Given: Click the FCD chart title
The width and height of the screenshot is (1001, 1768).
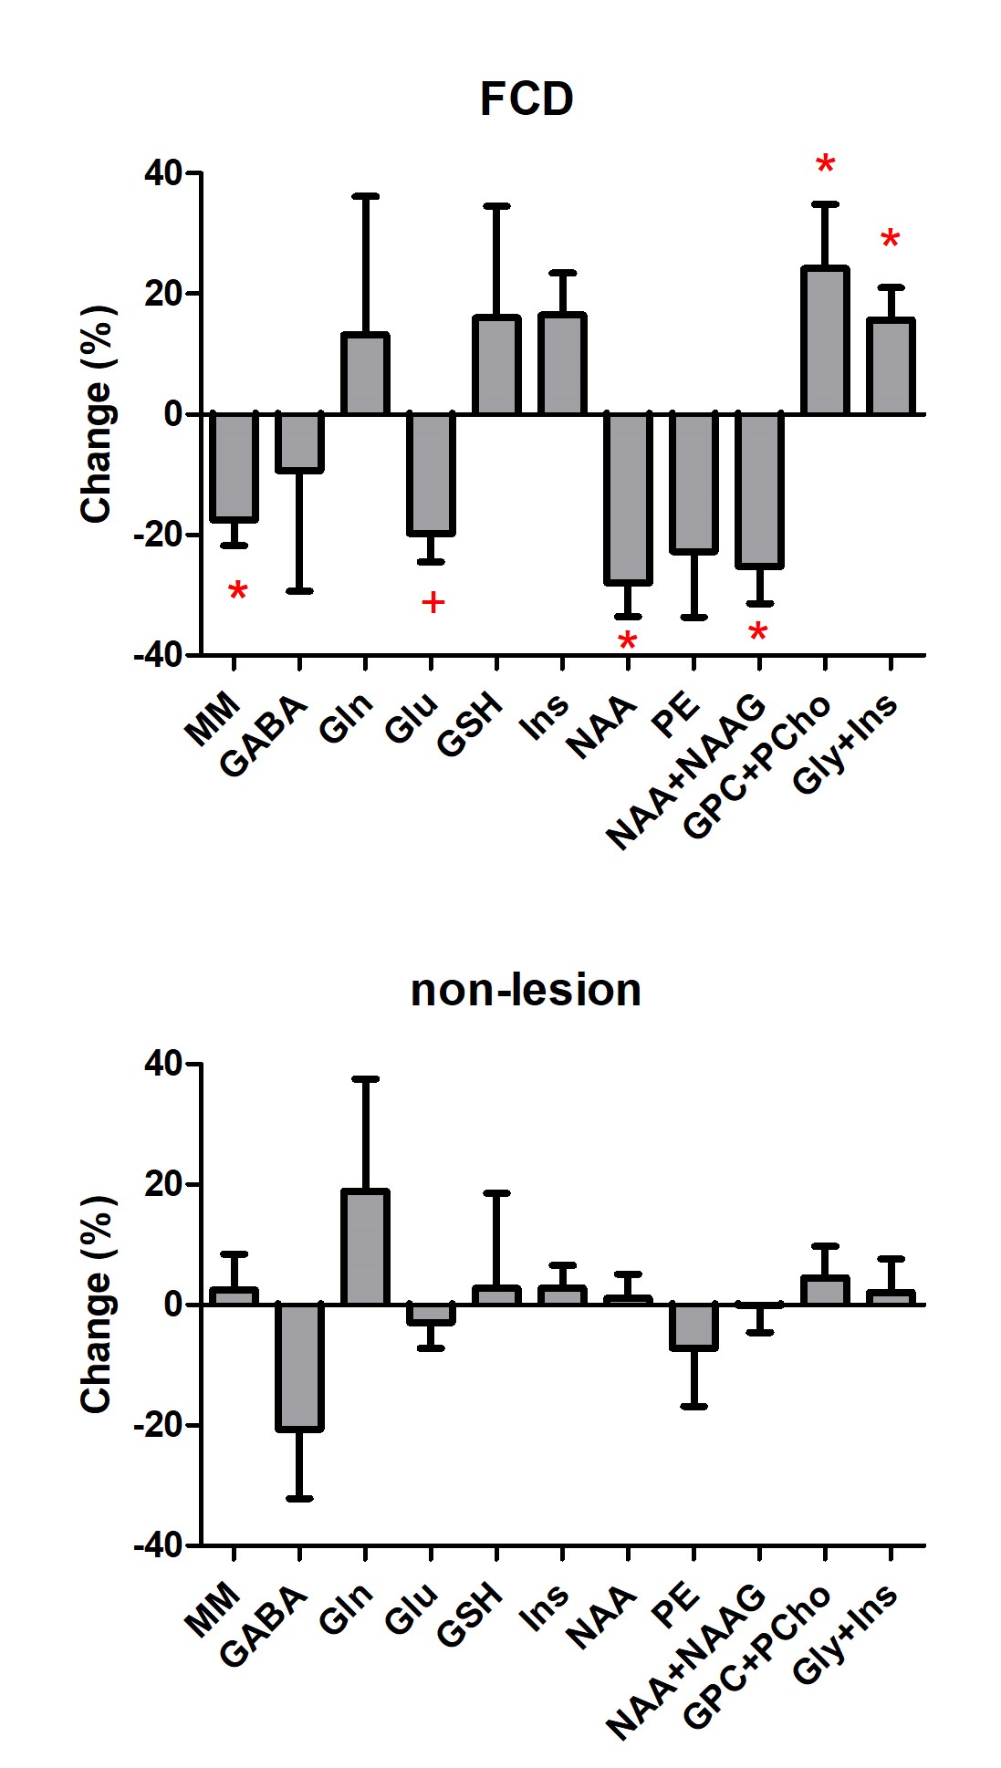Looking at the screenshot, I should [527, 99].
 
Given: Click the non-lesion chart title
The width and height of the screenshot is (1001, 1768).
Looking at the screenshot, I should [526, 990].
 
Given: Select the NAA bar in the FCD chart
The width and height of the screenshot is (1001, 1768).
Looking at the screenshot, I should [628, 498].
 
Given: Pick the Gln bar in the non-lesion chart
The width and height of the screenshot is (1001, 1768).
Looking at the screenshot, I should [365, 1247].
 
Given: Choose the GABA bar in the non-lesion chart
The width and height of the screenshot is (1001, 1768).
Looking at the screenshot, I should [299, 1367].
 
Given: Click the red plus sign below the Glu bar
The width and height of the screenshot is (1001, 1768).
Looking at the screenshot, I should [433, 602].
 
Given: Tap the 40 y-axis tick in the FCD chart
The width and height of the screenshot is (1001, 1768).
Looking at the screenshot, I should [162, 172].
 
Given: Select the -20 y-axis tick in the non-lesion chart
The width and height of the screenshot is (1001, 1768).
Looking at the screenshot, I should [157, 1425].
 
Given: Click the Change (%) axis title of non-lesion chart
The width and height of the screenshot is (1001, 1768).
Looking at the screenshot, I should [97, 1305].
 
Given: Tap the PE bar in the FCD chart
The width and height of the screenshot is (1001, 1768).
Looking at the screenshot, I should [693, 484].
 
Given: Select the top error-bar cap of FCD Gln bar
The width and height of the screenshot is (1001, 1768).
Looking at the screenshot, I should [365, 195].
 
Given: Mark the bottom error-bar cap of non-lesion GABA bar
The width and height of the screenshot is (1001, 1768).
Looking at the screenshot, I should [299, 1498].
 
